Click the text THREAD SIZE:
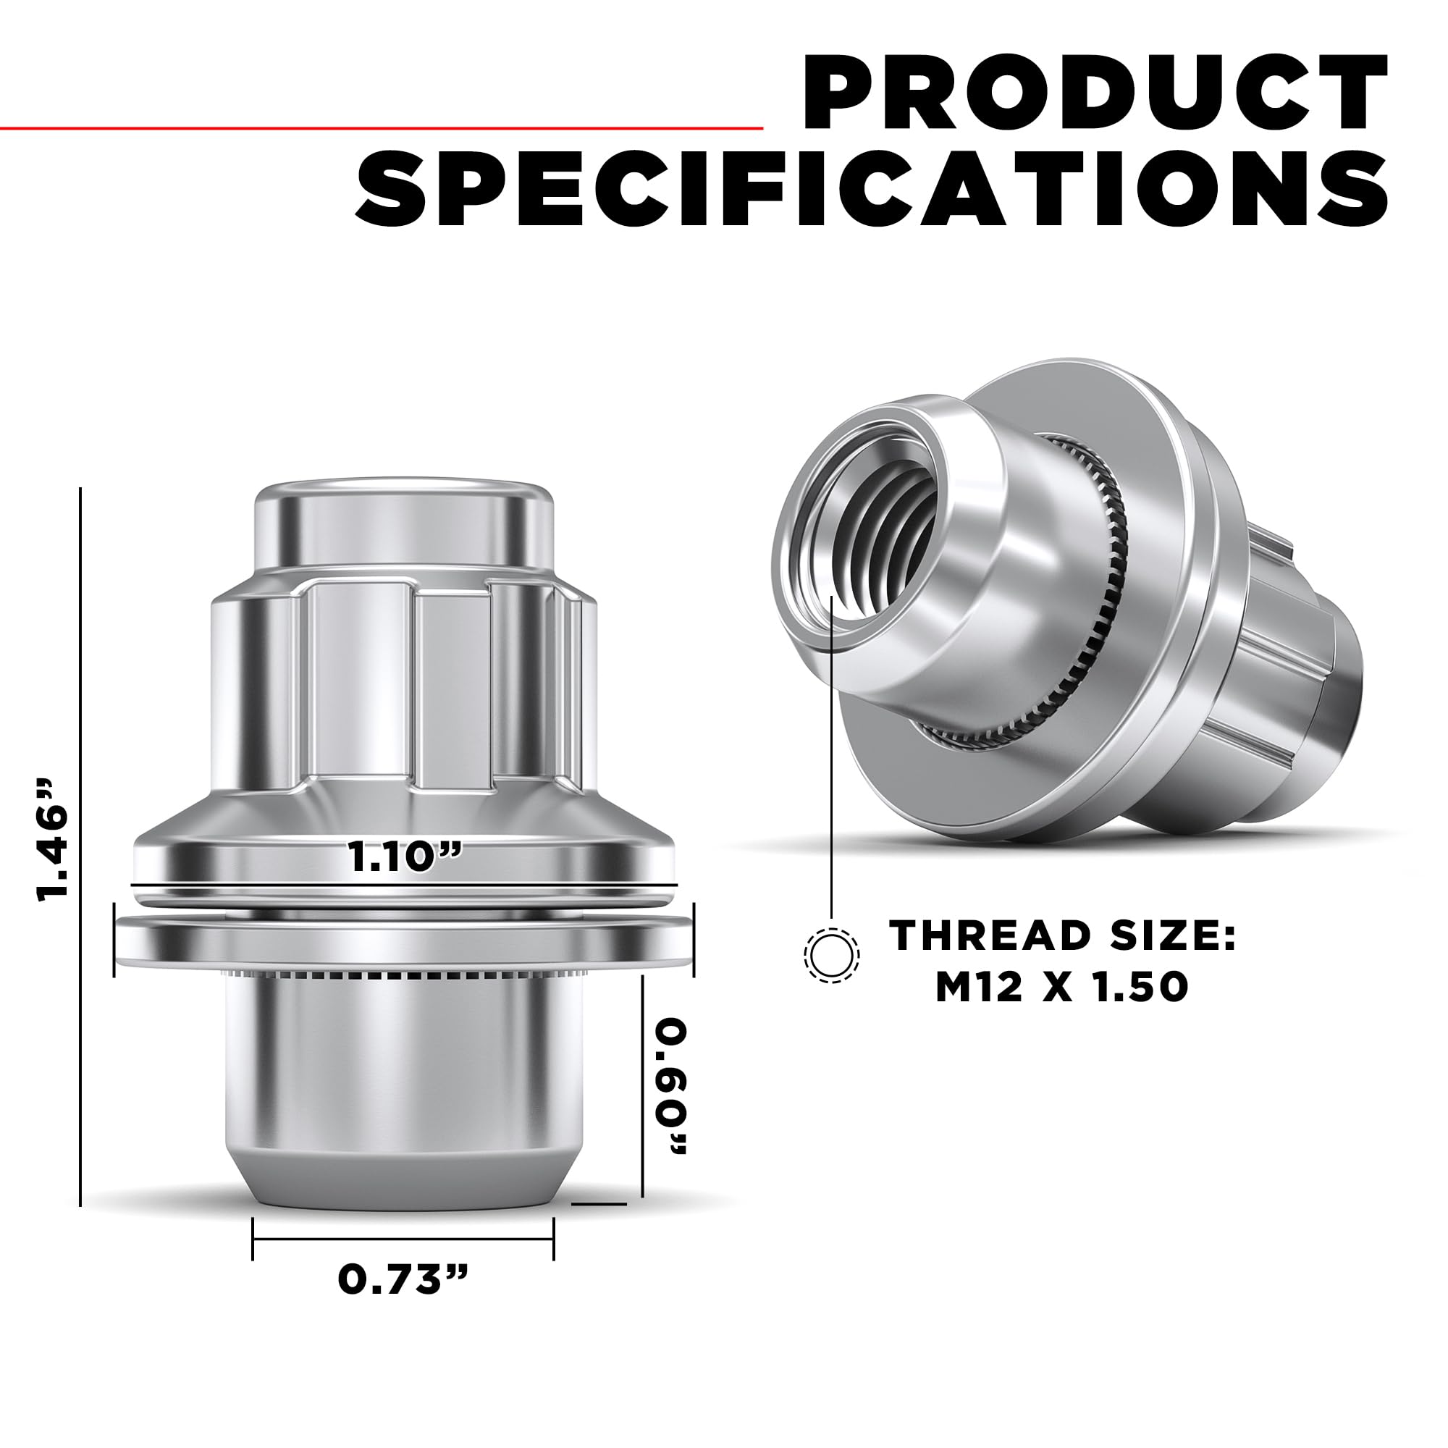pos(1063,935)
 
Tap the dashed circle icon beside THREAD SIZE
pos(831,955)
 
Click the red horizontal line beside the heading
pos(375,128)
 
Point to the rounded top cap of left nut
pos(404,525)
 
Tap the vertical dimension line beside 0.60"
pos(643,1094)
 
